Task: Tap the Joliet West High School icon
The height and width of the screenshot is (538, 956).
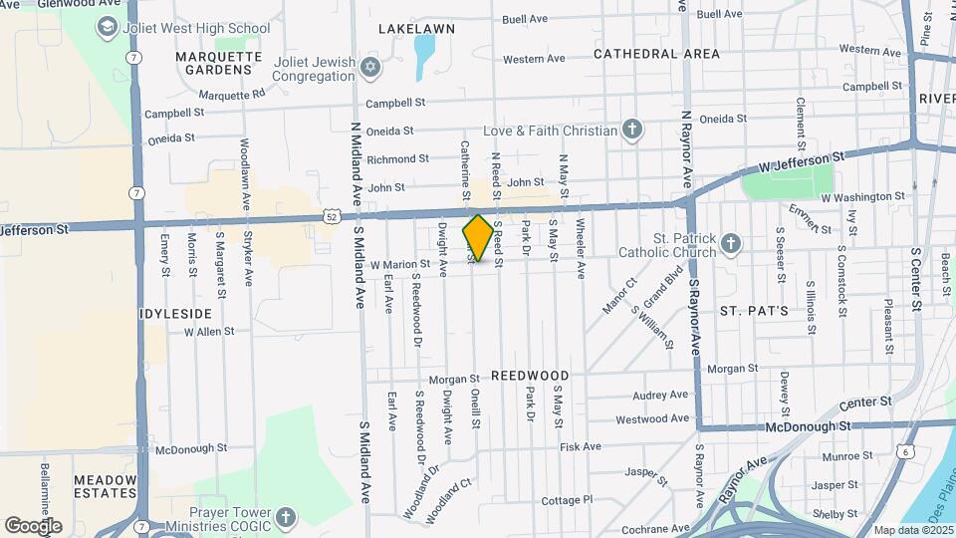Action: (108, 26)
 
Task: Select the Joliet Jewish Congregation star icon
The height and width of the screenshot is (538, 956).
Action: (371, 68)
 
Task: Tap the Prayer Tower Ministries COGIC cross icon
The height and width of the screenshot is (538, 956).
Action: (285, 517)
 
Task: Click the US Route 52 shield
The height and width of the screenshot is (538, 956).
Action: (330, 215)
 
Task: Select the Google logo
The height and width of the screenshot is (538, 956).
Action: (33, 525)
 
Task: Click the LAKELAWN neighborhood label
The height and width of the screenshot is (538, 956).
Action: (416, 29)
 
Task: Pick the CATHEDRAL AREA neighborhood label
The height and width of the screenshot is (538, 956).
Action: (656, 54)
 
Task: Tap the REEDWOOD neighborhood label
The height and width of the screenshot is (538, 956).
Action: (529, 376)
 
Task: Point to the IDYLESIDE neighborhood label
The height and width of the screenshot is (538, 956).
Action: (176, 313)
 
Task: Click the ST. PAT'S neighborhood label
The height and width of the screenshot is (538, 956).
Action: (754, 311)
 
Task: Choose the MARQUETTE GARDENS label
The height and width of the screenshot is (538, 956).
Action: (213, 63)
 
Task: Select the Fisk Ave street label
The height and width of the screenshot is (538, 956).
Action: (581, 446)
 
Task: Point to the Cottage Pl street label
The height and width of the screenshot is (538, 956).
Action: (567, 499)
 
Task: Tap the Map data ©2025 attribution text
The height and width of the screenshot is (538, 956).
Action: (911, 530)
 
